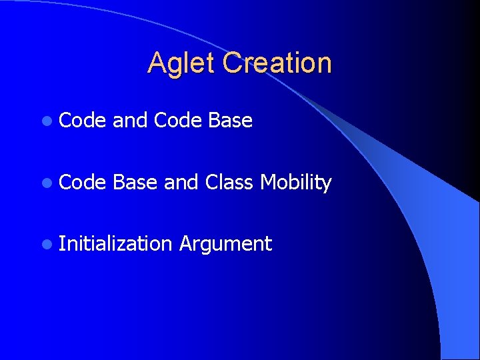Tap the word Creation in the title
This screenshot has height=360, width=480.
click(x=277, y=63)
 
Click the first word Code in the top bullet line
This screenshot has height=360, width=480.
click(x=82, y=121)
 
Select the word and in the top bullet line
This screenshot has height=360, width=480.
click(x=130, y=121)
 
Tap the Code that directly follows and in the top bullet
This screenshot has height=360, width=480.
click(x=177, y=121)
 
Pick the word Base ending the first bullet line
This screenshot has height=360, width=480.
click(x=230, y=121)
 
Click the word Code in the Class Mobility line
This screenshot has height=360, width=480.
click(x=82, y=182)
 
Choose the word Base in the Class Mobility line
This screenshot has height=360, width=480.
click(x=135, y=182)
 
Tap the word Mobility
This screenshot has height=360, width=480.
click(x=296, y=183)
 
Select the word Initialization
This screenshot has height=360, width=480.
click(x=115, y=243)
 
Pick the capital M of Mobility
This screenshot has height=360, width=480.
click(x=268, y=182)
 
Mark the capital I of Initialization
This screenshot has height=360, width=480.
click(x=61, y=243)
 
